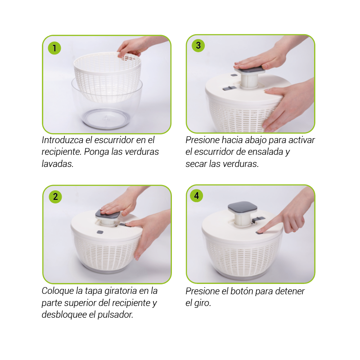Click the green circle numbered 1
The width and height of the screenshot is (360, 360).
click(x=54, y=48)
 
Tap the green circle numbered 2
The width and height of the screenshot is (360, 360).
click(x=55, y=197)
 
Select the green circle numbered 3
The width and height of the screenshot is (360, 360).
click(x=198, y=45)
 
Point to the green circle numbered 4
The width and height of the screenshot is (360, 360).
click(x=197, y=196)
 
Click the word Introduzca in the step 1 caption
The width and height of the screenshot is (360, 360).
click(x=63, y=140)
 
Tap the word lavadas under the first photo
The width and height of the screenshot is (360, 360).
click(x=58, y=164)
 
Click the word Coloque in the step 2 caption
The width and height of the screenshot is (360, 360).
click(x=58, y=291)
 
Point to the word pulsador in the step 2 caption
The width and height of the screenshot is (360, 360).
click(x=115, y=315)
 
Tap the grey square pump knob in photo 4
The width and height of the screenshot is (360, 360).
click(x=242, y=207)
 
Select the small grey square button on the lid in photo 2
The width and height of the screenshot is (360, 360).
click(x=100, y=232)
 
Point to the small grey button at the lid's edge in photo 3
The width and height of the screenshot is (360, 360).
click(x=234, y=75)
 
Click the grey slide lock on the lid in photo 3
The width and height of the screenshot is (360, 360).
click(x=229, y=88)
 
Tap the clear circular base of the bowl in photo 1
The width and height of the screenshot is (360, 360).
click(x=106, y=118)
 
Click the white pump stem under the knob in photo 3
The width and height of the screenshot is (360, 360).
click(x=249, y=81)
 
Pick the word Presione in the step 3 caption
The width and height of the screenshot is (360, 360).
click(x=202, y=140)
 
